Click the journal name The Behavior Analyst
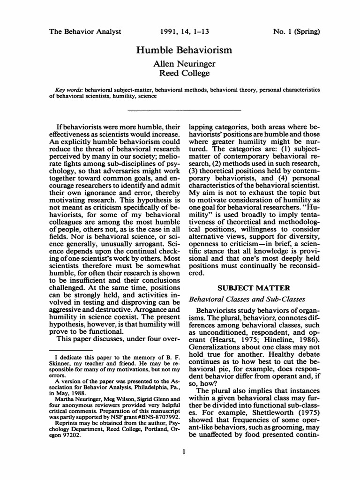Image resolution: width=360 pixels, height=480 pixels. coord(85,32)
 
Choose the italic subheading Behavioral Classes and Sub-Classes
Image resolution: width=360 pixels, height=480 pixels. coord(247,299)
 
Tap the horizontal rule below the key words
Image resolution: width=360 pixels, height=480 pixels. coord(184,111)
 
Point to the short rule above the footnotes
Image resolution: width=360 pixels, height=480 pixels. coord(71,350)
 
